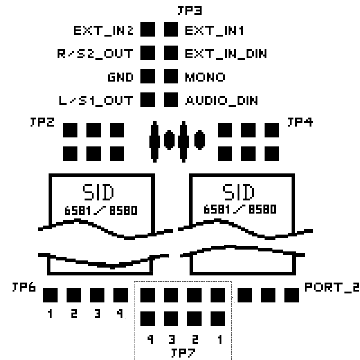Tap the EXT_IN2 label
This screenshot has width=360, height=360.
(103, 30)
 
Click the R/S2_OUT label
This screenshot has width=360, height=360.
(93, 53)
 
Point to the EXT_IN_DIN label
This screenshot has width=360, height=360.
(226, 53)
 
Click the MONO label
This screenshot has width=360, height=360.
(205, 77)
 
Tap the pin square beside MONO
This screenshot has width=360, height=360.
(172, 77)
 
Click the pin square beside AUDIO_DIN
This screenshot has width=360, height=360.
(172, 100)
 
